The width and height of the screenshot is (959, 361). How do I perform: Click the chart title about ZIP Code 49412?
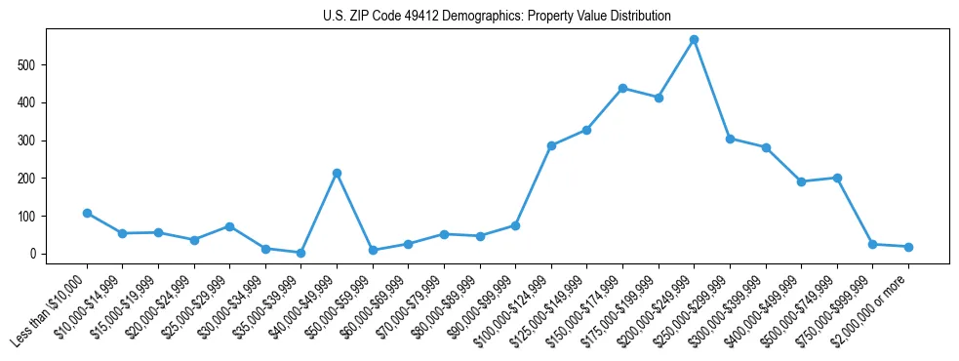[x=497, y=17]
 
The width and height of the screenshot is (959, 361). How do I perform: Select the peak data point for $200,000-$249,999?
[x=694, y=40]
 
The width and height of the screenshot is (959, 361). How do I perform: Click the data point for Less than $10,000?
[x=87, y=213]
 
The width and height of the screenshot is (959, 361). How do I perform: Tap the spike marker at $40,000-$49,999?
[x=337, y=173]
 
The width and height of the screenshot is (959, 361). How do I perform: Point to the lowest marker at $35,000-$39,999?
[x=300, y=253]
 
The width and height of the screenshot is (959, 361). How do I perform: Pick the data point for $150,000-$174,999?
[x=622, y=88]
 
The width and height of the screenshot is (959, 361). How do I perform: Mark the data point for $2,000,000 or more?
[x=908, y=247]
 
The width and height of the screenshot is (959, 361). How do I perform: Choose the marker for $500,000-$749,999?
[x=837, y=178]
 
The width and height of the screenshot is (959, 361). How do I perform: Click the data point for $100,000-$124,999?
[x=551, y=145]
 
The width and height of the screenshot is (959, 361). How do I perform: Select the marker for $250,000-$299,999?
[x=730, y=139]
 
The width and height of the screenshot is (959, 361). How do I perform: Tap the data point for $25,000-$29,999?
[x=229, y=226]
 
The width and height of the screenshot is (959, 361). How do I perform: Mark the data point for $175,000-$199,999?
[x=659, y=98]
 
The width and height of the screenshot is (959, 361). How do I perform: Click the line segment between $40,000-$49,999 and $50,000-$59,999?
[x=354, y=212]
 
